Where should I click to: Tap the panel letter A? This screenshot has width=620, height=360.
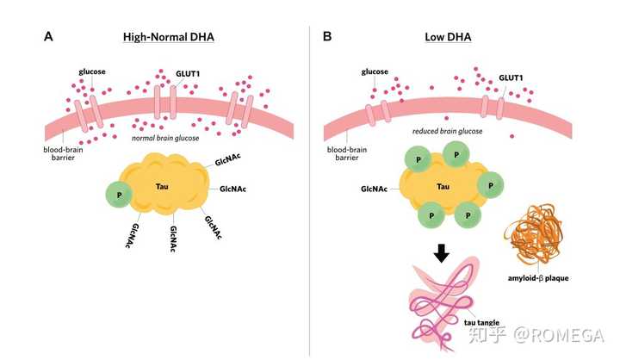[x=49, y=37]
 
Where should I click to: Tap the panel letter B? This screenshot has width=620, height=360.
[x=327, y=37]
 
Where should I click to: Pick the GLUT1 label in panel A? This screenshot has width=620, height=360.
[x=189, y=74]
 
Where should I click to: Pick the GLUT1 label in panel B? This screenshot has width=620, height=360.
[x=512, y=78]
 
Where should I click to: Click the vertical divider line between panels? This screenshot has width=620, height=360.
[x=310, y=189]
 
